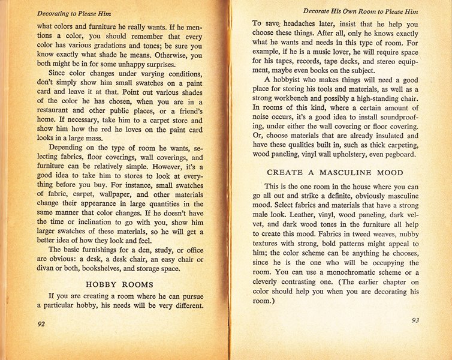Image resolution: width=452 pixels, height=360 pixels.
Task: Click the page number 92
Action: pyautogui.click(x=42, y=323)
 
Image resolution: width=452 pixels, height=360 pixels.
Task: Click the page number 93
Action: pyautogui.click(x=415, y=320)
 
